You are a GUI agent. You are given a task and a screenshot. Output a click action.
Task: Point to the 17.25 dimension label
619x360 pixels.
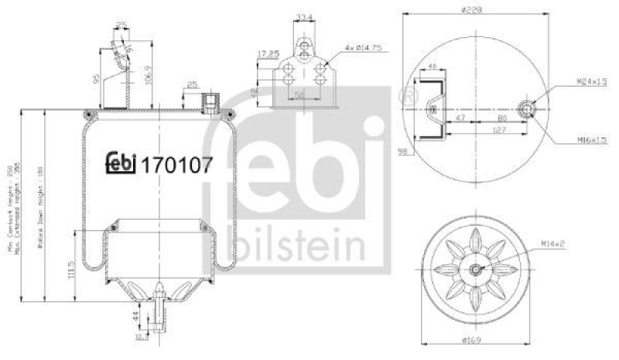coord(267,54)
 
